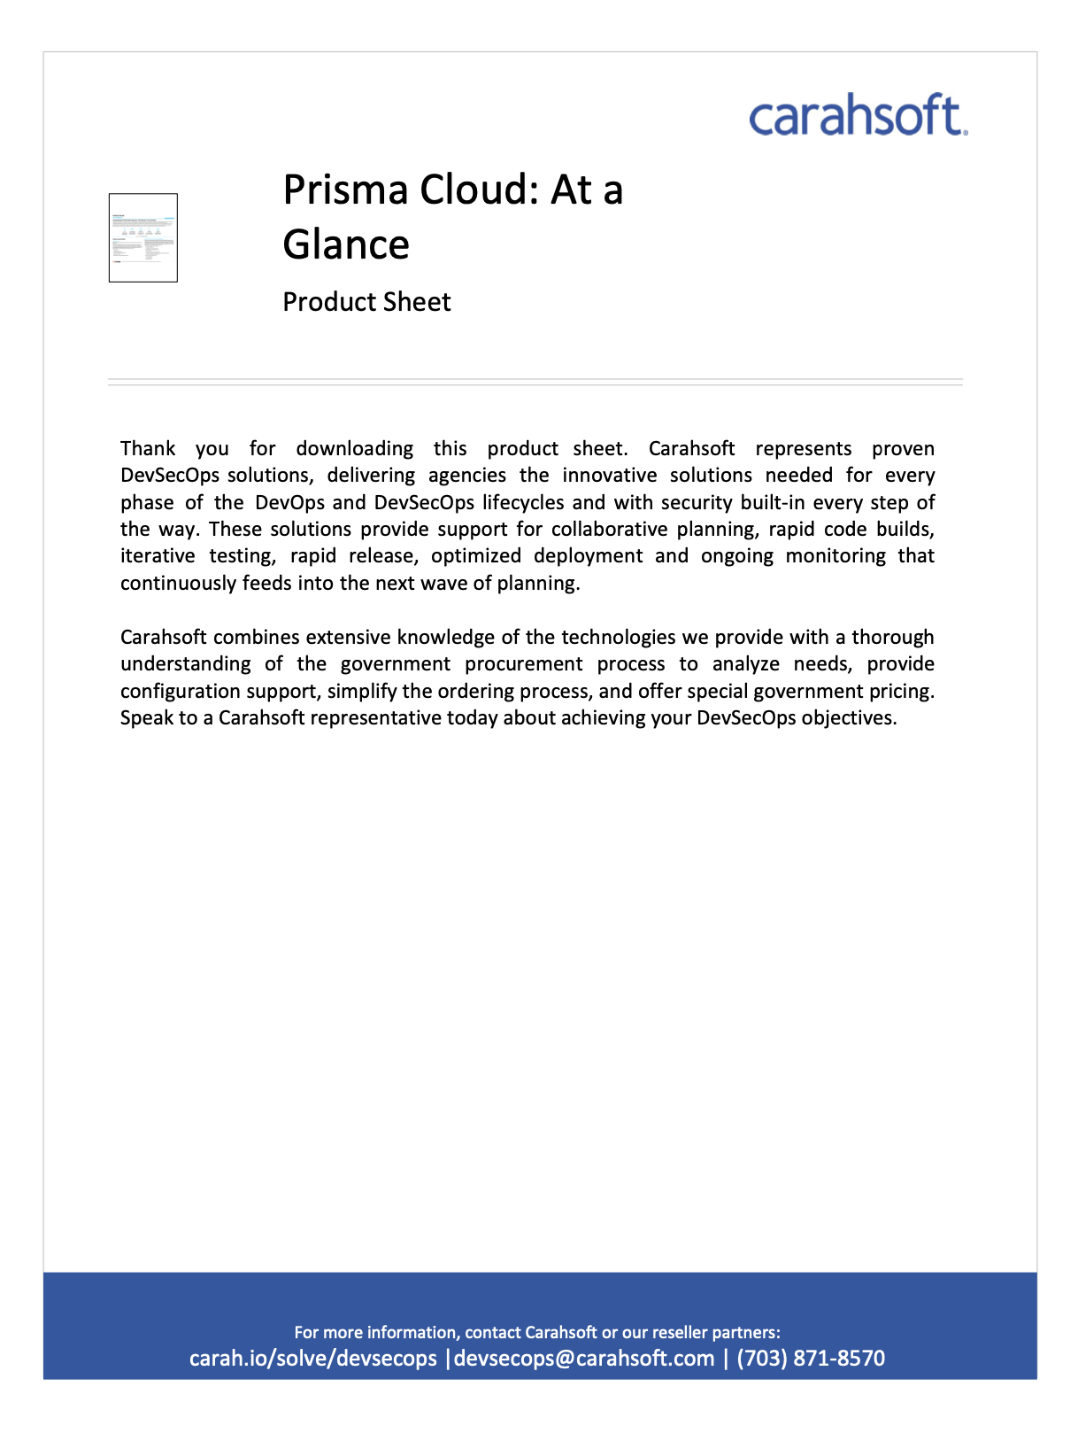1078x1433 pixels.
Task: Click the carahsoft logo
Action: [858, 115]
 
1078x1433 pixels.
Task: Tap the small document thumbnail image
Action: [143, 237]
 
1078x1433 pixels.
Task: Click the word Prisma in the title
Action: [346, 190]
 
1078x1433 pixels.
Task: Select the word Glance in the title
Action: [346, 244]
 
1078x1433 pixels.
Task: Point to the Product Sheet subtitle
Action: [366, 302]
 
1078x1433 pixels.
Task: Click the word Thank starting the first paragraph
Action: [148, 449]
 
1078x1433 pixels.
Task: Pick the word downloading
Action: [354, 449]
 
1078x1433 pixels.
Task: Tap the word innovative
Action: [610, 476]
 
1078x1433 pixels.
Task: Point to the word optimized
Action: [476, 556]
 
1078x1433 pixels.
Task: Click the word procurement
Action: [524, 664]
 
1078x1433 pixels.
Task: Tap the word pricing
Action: [901, 692]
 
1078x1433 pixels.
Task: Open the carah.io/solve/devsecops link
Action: [313, 1359]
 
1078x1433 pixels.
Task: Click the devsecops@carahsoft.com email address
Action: [584, 1359]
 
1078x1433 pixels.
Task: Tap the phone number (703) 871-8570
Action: [811, 1359]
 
